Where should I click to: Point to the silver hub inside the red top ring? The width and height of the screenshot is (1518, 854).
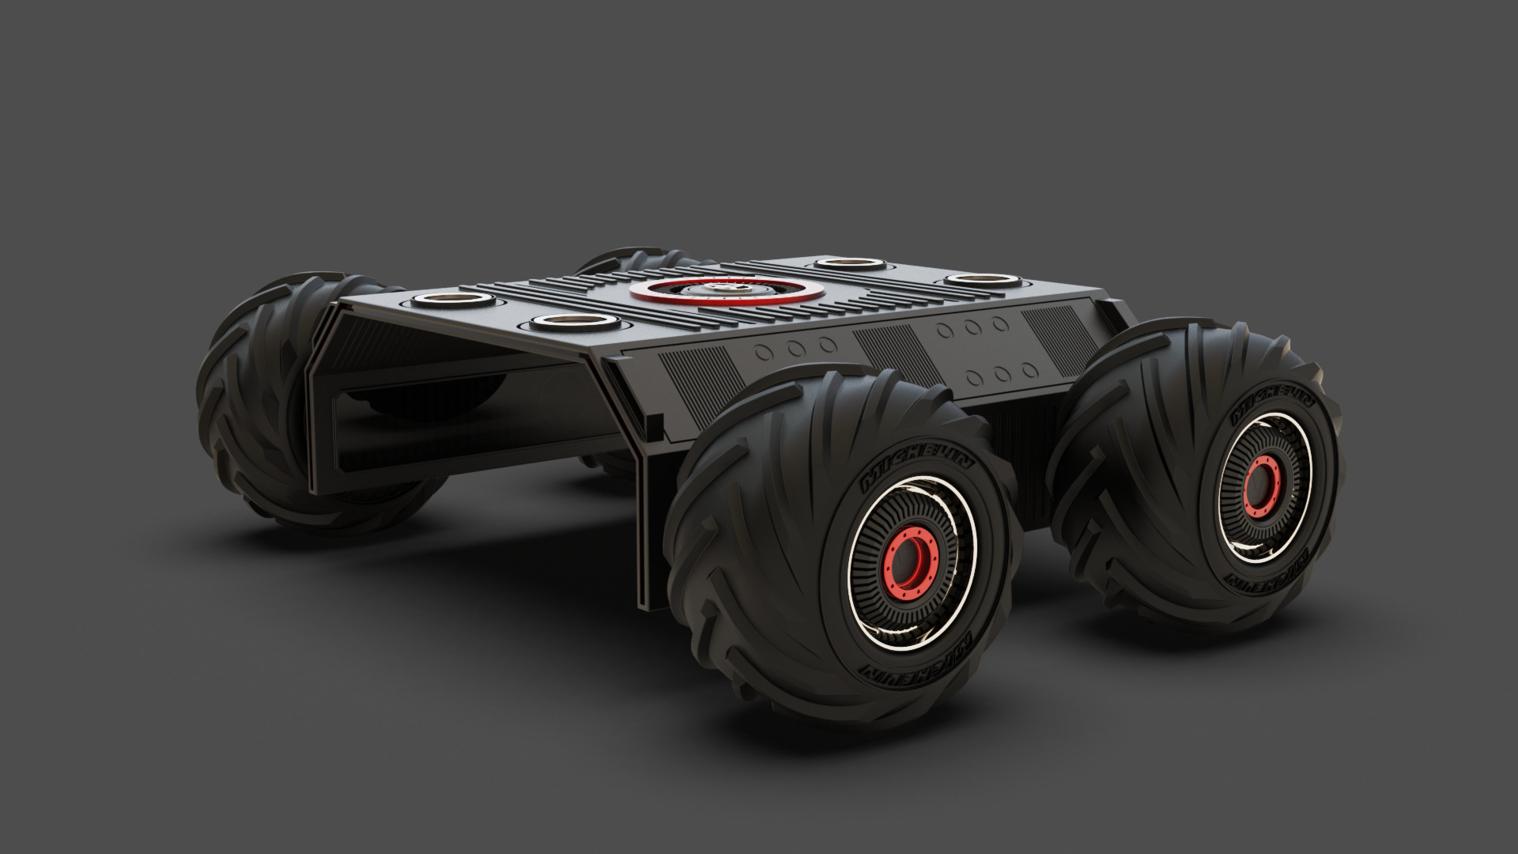(x=713, y=290)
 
